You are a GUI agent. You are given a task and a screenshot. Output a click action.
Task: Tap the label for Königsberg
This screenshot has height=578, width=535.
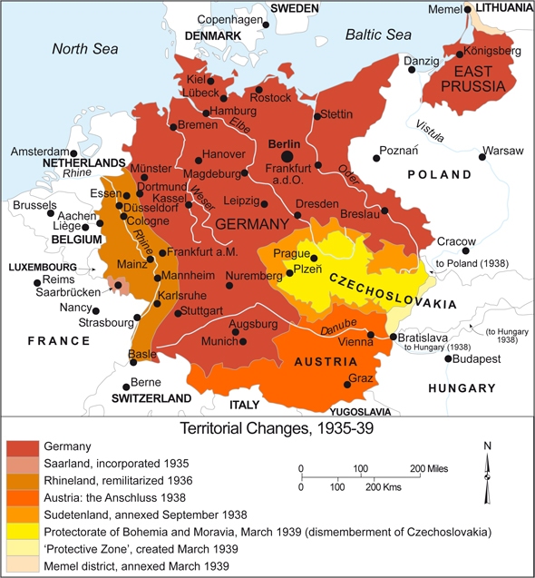click(492, 52)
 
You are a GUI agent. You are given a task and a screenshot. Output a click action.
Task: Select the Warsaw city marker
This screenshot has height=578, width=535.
click(482, 156)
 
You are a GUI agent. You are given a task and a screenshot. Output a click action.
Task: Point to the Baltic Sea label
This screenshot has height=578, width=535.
click(378, 34)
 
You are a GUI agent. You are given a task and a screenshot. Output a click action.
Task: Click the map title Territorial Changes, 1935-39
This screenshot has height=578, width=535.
click(267, 425)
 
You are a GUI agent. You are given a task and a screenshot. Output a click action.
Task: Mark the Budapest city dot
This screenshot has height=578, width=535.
click(446, 359)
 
